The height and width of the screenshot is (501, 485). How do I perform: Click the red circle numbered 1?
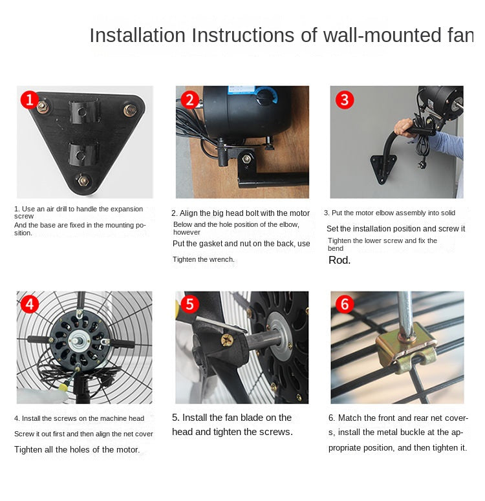(x=28, y=99)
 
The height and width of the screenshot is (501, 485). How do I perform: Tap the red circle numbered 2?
(x=189, y=100)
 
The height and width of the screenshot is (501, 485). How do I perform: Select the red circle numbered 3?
(x=344, y=100)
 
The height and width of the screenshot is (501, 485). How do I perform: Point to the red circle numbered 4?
(x=30, y=304)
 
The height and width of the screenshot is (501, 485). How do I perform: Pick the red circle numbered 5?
(x=189, y=304)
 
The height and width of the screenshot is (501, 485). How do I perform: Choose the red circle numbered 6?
(x=344, y=304)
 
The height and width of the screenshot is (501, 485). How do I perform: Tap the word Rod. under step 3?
(x=339, y=261)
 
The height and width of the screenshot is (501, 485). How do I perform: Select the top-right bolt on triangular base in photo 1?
(x=129, y=109)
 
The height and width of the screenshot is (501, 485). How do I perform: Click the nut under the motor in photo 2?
(x=246, y=158)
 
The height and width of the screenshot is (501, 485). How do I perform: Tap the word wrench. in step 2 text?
(x=222, y=259)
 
